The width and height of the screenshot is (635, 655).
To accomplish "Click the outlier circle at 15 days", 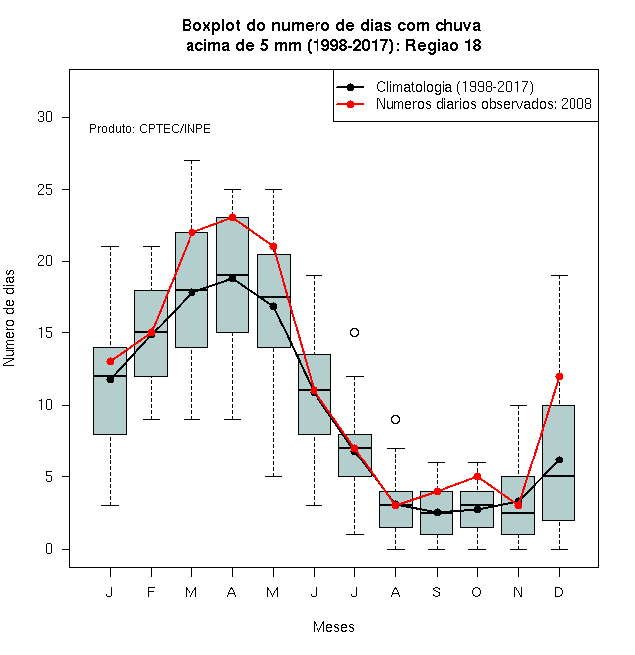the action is coord(354,332).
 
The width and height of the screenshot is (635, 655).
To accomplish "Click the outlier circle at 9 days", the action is coord(395,419).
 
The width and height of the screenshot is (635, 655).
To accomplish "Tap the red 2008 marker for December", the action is coord(559,376).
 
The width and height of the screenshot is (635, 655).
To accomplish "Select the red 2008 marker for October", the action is coord(477,476).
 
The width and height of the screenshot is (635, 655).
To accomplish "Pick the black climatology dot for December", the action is coord(559,459).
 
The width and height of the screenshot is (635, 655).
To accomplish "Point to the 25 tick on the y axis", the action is coord(65,190).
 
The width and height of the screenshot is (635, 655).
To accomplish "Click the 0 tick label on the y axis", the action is coord(49,549).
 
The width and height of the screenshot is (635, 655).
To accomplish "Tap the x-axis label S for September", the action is coord(437,591).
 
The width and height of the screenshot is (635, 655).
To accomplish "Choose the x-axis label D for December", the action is coord(559,591).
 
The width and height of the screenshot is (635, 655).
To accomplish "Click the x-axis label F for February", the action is coord(151,591).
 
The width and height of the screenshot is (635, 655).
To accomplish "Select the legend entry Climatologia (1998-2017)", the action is coord(435,87).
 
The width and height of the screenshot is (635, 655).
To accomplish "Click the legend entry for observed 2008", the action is coord(464,104).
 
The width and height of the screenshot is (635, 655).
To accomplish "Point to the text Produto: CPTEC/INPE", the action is coord(150,129).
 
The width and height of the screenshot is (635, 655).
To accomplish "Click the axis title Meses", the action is coord(333,627).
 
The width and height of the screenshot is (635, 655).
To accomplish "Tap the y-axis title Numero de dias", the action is coord(9,319).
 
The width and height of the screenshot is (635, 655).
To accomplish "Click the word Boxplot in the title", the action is coord(211,26).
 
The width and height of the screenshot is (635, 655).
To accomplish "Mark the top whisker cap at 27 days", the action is coord(191,160).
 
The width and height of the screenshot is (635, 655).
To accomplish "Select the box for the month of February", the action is coord(151,333).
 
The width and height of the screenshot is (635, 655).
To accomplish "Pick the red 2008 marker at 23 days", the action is coord(233,217).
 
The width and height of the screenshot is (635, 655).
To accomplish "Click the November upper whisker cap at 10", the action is coord(518,405).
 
